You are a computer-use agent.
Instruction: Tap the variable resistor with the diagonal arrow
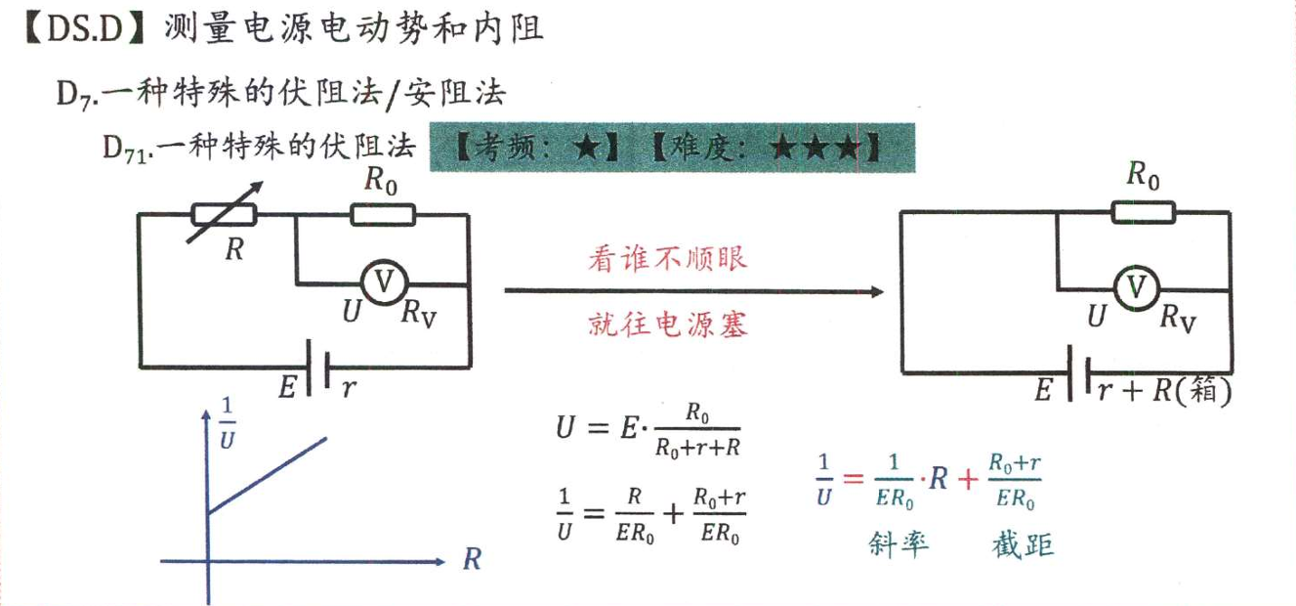point(225,214)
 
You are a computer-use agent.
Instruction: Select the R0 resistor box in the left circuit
point(382,214)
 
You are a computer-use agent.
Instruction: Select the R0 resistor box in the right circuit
point(1144,211)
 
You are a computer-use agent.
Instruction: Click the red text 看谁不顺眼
point(667,259)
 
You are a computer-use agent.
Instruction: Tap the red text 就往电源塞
point(668,324)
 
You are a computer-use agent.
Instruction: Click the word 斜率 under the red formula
point(899,543)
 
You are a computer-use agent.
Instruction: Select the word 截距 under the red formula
point(1022,543)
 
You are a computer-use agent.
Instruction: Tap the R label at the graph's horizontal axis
point(472,560)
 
